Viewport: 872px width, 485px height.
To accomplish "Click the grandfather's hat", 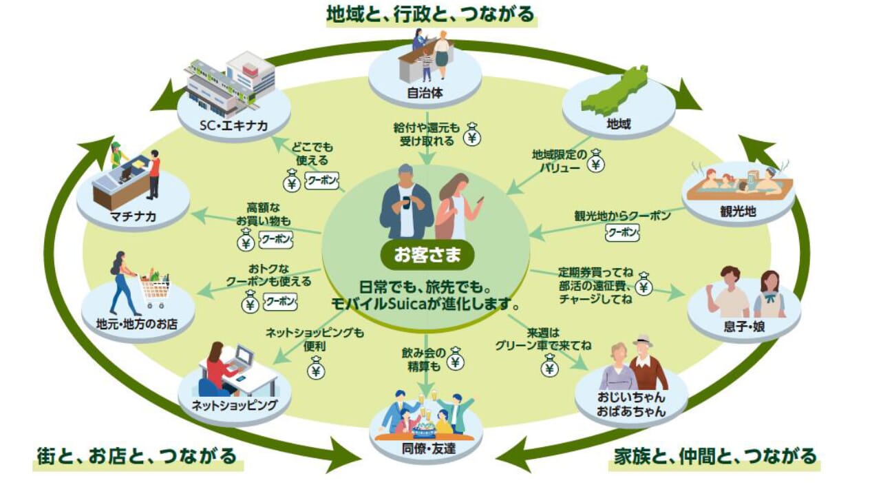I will pos(643,340).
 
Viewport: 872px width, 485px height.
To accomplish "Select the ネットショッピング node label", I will pos(234,404).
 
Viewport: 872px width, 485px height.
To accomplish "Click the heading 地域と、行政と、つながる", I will pos(431,14).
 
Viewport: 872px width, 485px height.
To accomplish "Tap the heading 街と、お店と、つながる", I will pos(137,456).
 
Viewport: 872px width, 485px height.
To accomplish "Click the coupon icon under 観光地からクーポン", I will pos(622,233).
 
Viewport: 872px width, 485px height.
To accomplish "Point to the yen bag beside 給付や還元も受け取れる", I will pos(471,135).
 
